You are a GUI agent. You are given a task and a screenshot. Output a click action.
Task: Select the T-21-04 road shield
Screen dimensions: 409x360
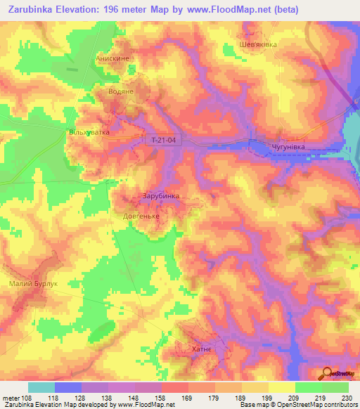(162, 141)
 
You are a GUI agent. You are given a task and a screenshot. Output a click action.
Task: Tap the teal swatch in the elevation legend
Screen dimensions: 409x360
(41, 387)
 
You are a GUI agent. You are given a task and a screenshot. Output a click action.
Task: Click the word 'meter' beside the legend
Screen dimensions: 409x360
(11, 397)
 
